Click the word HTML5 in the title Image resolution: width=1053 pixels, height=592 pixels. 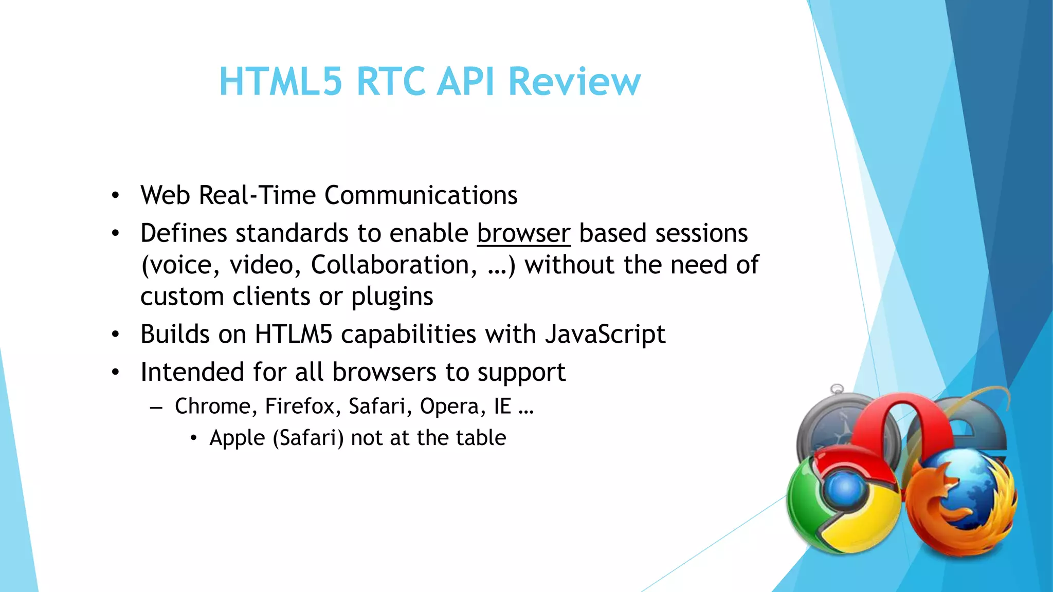tap(280, 81)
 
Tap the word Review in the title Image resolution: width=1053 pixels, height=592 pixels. tap(574, 81)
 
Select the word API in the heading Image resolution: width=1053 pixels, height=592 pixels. tap(466, 81)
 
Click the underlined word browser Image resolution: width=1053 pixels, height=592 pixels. tap(523, 233)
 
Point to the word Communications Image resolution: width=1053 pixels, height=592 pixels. tap(421, 195)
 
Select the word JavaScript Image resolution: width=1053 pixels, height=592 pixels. tap(605, 335)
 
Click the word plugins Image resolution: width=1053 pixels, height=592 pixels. tap(392, 297)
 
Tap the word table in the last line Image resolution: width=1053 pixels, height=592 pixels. tap(480, 438)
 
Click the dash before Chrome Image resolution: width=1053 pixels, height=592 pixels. tap(156, 408)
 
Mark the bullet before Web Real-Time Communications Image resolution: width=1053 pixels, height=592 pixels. tap(116, 196)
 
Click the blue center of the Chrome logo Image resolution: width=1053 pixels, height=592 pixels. tap(844, 489)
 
